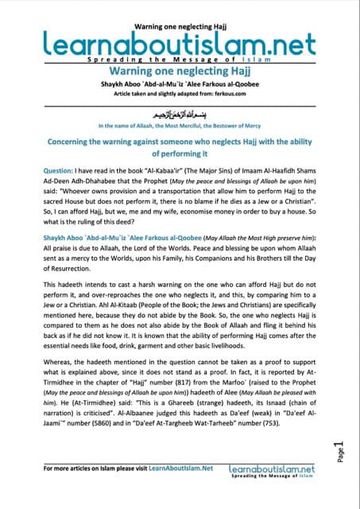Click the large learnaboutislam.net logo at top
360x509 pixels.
pyautogui.click(x=179, y=39)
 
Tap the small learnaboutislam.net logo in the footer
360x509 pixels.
pyautogui.click(x=277, y=472)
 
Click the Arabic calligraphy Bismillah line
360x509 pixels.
pyautogui.click(x=180, y=114)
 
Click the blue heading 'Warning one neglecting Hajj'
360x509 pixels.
pyautogui.click(x=180, y=71)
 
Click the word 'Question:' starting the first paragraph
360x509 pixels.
pyautogui.click(x=60, y=183)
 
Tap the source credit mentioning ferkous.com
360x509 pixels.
pyautogui.click(x=180, y=94)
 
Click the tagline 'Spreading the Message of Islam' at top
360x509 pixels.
pyautogui.click(x=180, y=60)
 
